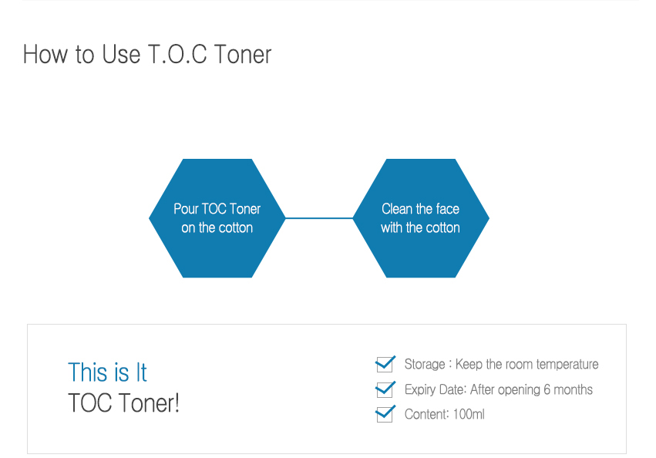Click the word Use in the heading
coord(121,55)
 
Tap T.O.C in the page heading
coord(177,55)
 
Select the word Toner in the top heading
coord(243,55)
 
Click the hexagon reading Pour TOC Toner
coord(217,218)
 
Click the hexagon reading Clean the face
coord(421,218)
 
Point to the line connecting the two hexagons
coord(319,218)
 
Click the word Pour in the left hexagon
coord(186,208)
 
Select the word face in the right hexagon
coord(448,208)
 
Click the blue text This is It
coord(107,372)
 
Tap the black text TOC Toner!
coord(124,402)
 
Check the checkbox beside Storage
coord(385,364)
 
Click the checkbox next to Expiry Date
coord(385,389)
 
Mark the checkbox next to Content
coord(385,414)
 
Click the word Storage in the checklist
coord(425,364)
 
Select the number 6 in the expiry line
coord(547,389)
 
